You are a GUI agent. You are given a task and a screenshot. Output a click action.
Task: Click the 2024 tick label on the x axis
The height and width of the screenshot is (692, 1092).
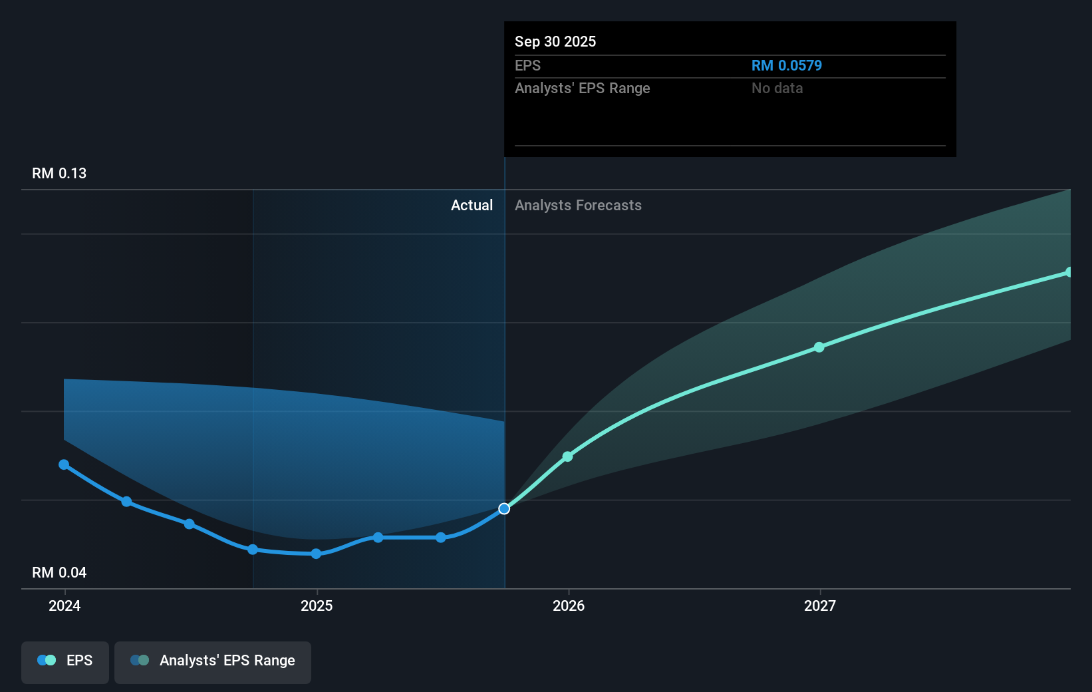pyautogui.click(x=65, y=605)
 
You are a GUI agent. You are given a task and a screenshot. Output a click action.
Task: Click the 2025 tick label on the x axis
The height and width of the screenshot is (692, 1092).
pyautogui.click(x=317, y=605)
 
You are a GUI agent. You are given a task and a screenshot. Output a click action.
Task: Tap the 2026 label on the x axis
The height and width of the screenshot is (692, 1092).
pyautogui.click(x=569, y=605)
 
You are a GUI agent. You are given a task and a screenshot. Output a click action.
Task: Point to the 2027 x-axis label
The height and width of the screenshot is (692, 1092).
pyautogui.click(x=820, y=605)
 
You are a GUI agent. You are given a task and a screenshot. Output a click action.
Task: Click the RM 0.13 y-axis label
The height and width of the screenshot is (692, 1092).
pyautogui.click(x=59, y=174)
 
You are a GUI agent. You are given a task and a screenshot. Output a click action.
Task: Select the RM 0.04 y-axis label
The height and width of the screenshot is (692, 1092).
pyautogui.click(x=59, y=573)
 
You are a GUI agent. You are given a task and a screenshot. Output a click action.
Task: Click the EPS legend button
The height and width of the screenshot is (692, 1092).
pyautogui.click(x=65, y=661)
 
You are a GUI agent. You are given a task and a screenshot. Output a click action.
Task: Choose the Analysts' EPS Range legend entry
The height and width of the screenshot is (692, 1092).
pyautogui.click(x=213, y=661)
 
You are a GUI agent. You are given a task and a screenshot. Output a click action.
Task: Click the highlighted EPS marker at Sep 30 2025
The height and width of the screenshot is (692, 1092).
pyautogui.click(x=504, y=509)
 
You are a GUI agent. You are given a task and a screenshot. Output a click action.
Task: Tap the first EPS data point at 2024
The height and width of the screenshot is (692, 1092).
pyautogui.click(x=64, y=465)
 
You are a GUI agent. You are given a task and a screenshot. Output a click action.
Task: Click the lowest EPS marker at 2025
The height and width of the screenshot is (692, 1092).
pyautogui.click(x=316, y=554)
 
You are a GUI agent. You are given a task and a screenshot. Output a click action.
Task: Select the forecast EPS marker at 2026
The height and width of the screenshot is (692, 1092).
pyautogui.click(x=568, y=456)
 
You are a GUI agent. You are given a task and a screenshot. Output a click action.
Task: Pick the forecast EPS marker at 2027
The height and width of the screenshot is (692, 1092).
pyautogui.click(x=819, y=347)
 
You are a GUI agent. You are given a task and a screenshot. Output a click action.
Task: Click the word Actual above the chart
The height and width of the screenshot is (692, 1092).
pyautogui.click(x=472, y=206)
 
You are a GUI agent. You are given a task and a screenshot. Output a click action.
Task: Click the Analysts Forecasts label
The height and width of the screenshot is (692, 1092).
pyautogui.click(x=578, y=206)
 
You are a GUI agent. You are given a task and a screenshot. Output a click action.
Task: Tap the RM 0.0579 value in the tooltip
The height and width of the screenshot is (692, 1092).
pyautogui.click(x=786, y=66)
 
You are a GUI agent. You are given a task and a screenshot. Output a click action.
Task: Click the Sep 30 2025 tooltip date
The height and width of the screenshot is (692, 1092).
pyautogui.click(x=555, y=42)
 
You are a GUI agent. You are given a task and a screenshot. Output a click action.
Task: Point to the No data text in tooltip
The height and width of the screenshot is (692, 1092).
pyautogui.click(x=777, y=88)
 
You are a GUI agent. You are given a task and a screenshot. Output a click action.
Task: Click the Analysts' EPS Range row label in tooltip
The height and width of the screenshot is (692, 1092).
pyautogui.click(x=582, y=88)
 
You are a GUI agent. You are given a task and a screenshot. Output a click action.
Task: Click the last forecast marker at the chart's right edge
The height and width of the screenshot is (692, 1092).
pyautogui.click(x=1069, y=272)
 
